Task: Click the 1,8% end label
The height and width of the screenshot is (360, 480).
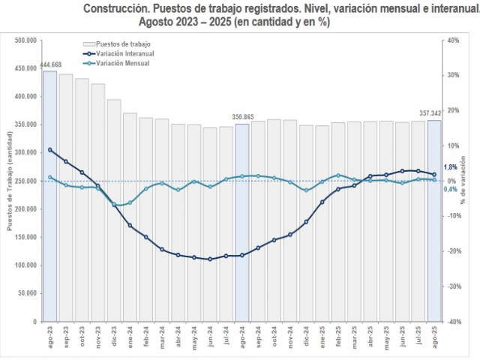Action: [x=451, y=167]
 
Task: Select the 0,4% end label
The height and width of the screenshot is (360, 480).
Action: [x=451, y=189]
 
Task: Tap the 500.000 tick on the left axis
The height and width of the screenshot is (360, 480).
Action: [x=25, y=40]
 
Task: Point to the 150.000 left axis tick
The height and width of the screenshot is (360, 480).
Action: [x=25, y=237]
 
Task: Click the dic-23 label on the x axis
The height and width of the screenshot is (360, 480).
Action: [x=114, y=338]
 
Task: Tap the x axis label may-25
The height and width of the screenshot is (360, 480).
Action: [x=387, y=338]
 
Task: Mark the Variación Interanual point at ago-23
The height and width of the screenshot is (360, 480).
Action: [x=49, y=149]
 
